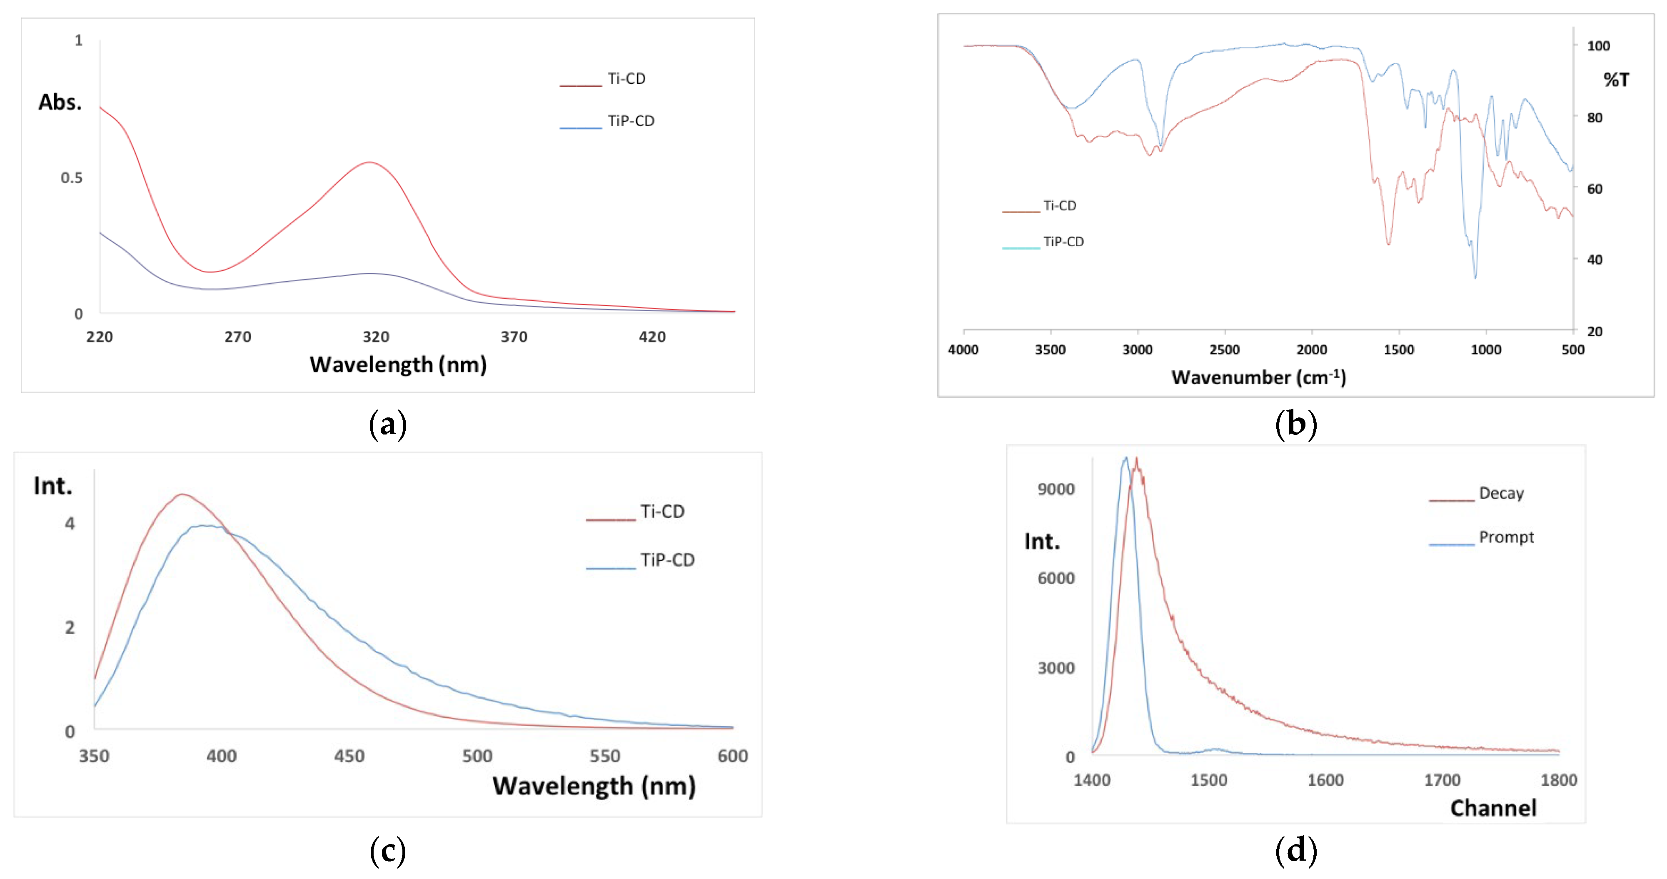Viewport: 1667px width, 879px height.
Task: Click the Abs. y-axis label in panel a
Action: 60,102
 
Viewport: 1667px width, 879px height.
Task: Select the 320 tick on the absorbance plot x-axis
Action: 375,337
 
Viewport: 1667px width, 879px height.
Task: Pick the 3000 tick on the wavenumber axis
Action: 1137,350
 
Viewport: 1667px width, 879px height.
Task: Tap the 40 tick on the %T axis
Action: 1595,260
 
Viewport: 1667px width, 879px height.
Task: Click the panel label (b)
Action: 1295,425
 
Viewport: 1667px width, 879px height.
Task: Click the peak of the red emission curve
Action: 182,494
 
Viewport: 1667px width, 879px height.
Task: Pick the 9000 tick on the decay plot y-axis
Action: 1056,489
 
